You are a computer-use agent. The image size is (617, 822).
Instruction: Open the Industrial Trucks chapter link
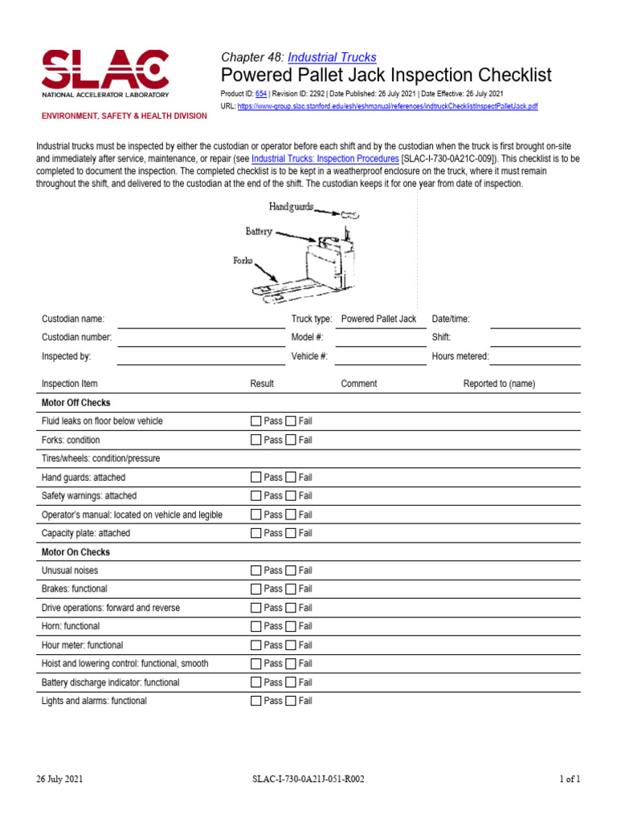pyautogui.click(x=332, y=57)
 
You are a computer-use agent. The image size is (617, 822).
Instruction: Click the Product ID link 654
pyautogui.click(x=260, y=94)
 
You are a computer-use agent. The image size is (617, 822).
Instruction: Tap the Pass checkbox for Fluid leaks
pyautogui.click(x=256, y=421)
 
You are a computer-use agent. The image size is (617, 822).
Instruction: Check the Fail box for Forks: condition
pyautogui.click(x=291, y=440)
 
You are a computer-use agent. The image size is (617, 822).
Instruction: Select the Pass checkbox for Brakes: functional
pyautogui.click(x=256, y=589)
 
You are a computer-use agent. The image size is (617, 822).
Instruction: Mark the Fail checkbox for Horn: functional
pyautogui.click(x=291, y=626)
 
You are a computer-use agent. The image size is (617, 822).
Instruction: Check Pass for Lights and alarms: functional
pyautogui.click(x=256, y=701)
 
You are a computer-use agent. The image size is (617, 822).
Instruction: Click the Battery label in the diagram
pyautogui.click(x=259, y=231)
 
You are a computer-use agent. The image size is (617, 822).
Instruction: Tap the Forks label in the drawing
pyautogui.click(x=243, y=262)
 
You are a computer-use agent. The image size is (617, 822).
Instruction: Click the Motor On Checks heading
pyautogui.click(x=76, y=552)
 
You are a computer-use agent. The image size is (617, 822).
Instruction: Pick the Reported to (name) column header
pyautogui.click(x=499, y=384)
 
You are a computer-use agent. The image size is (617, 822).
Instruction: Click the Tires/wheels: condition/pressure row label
pyautogui.click(x=100, y=458)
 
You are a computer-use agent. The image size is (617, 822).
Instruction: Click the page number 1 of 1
pyautogui.click(x=569, y=779)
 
